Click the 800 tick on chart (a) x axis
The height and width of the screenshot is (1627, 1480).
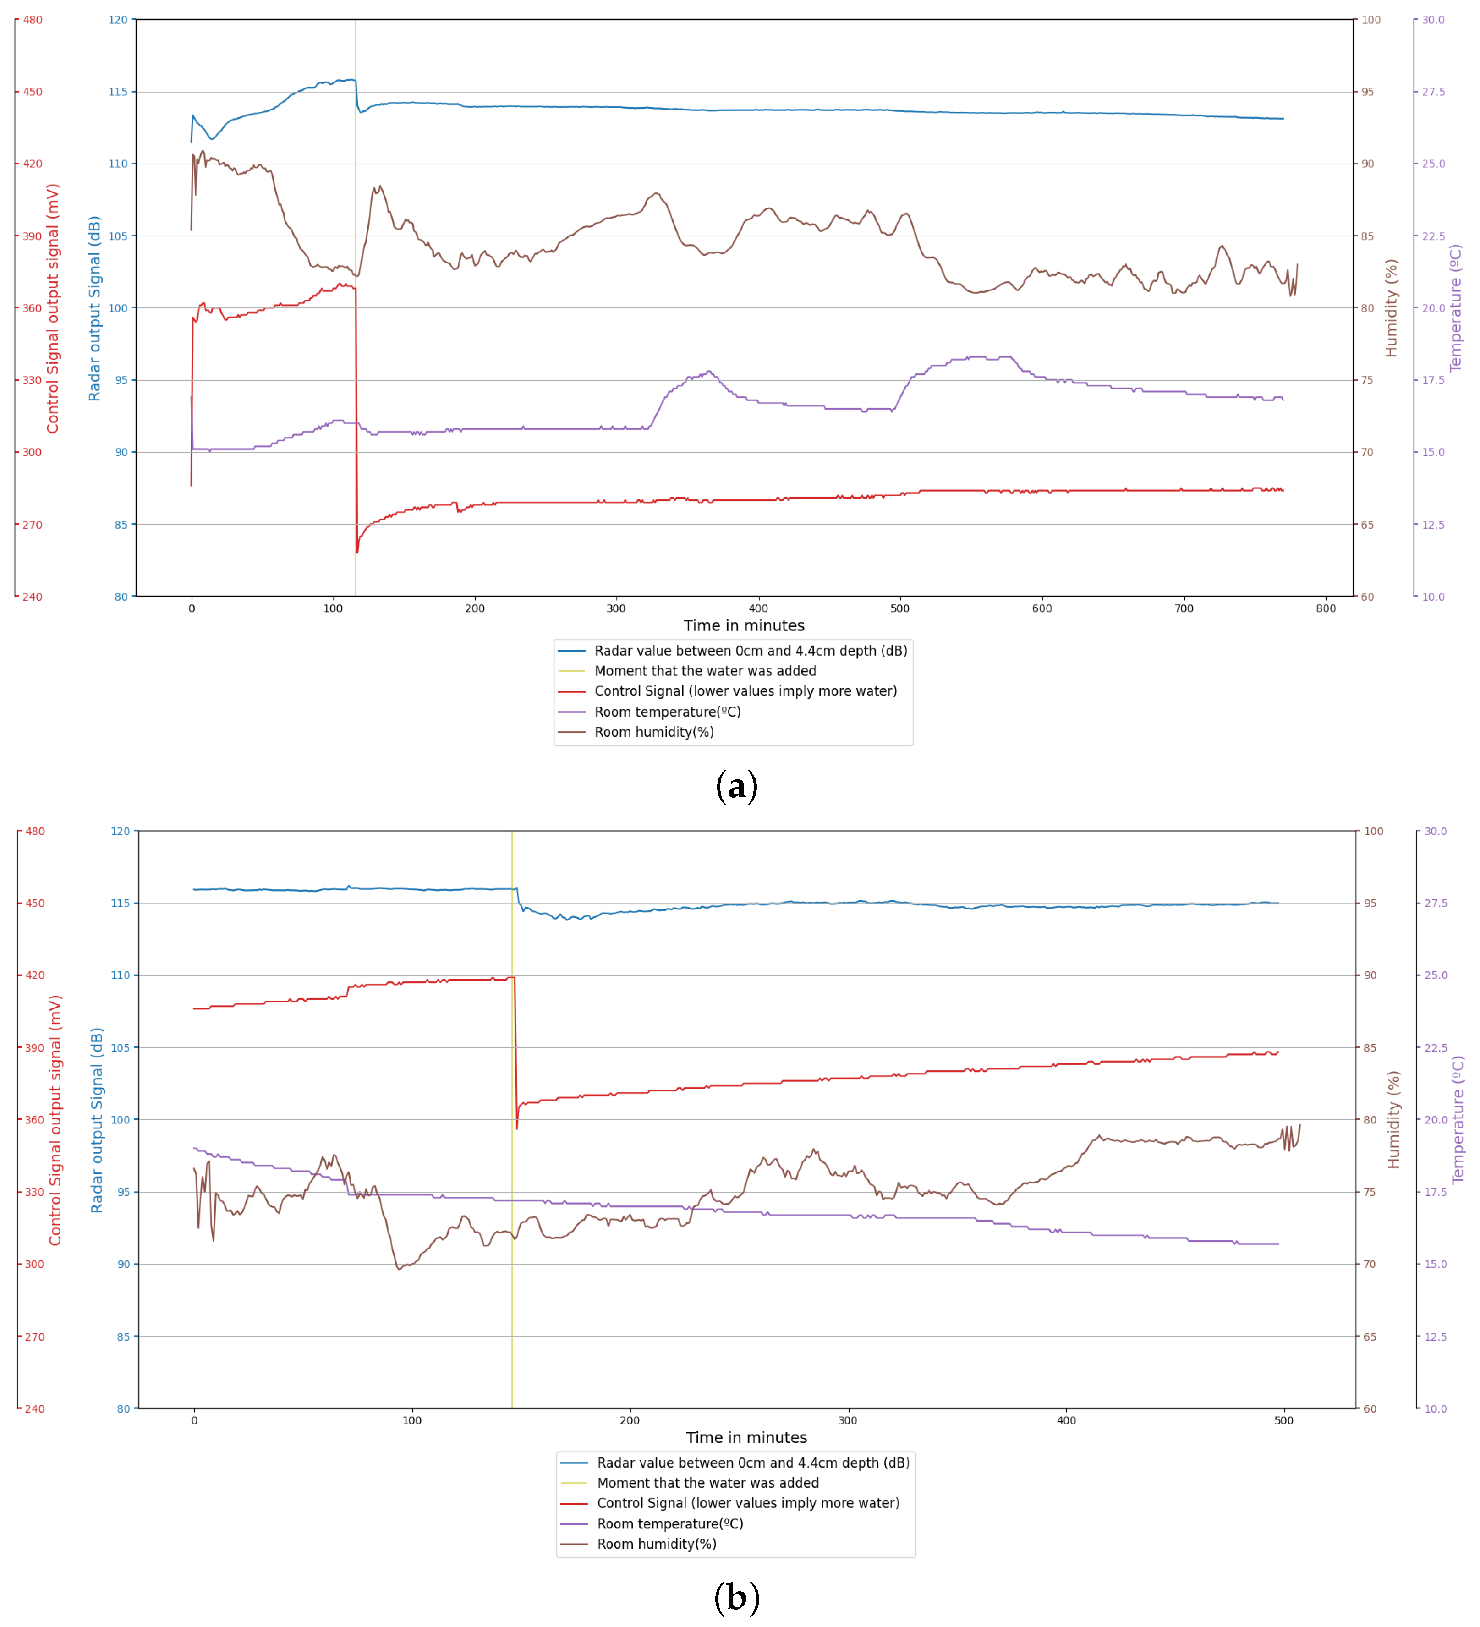tap(1326, 608)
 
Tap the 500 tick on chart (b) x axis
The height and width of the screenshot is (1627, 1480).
tap(1284, 1420)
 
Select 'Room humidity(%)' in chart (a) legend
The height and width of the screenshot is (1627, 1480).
tap(654, 732)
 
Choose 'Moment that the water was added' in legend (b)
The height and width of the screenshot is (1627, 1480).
tap(708, 1483)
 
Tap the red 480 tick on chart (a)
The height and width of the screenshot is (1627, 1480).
tap(32, 20)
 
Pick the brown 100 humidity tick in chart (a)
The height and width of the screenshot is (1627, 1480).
tap(1371, 20)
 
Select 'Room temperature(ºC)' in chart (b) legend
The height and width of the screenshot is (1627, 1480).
tap(670, 1524)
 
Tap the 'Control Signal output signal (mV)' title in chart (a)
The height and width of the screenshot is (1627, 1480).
tap(53, 308)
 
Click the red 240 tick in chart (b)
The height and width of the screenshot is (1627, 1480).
tap(35, 1408)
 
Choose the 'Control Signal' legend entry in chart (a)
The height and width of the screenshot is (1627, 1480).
tap(745, 691)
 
